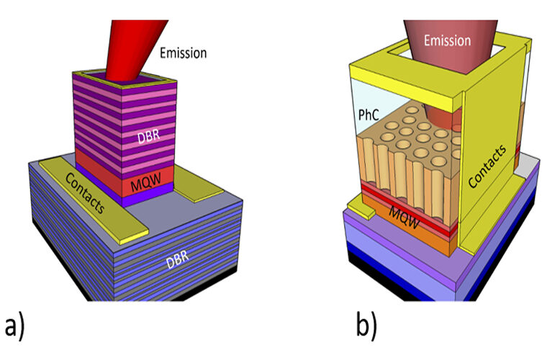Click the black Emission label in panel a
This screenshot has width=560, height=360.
(183, 53)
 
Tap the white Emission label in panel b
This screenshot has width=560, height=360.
(447, 40)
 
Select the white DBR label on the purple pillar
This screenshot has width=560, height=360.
(148, 136)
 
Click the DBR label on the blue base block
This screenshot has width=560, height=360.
(177, 259)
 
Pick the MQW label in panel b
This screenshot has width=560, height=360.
(405, 217)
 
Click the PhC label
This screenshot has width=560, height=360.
(368, 115)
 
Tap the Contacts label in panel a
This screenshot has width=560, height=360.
(85, 193)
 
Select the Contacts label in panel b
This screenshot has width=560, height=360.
(487, 166)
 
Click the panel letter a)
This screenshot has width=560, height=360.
(14, 327)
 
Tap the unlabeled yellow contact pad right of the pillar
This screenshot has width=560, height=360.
(197, 183)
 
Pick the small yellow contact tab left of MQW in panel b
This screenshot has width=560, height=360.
(361, 209)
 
